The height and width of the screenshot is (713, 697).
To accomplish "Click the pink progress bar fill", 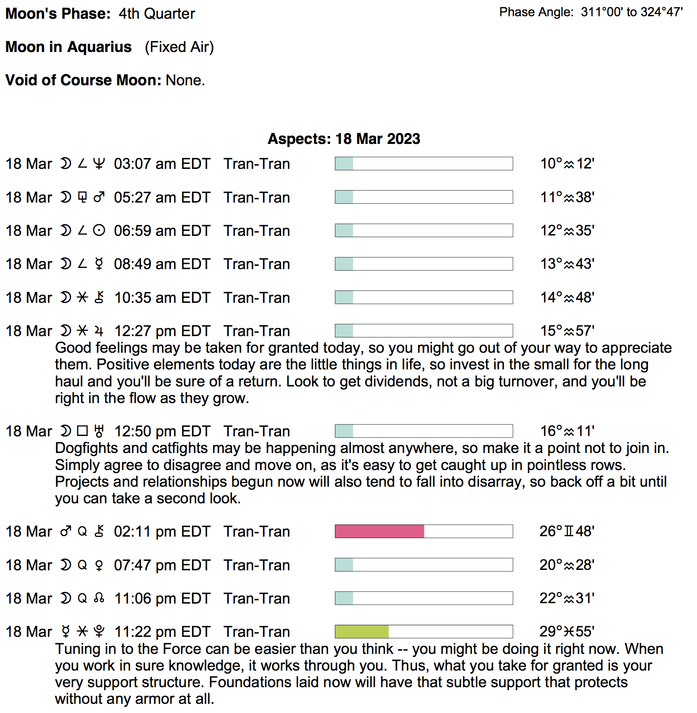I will pos(379,531).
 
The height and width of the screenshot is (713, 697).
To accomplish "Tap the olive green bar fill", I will pos(362,631).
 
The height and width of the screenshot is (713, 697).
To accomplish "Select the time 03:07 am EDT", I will pos(162,164).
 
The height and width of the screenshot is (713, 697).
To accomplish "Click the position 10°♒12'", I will pos(567,164).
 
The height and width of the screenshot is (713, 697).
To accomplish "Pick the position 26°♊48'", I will pos(567,531).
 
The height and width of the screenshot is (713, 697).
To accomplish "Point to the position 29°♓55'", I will pos(567,631).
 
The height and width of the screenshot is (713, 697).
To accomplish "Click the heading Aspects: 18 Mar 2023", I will pos(344,139).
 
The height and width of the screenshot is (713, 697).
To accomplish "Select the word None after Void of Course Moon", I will pos(185,80).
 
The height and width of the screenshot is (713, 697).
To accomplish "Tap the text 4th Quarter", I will pos(157,14).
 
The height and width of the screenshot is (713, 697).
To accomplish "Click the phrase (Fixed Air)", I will pos(179,47).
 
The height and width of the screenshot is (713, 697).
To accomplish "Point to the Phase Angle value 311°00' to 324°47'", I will pos(632,12).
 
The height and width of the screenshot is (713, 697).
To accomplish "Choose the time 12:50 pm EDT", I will pos(162,431).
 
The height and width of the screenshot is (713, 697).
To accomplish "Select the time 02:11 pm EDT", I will pos(162,532).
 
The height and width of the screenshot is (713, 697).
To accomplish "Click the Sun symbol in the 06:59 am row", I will pos(99,230).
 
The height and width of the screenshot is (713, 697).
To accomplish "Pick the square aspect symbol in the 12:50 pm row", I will pos(83,431).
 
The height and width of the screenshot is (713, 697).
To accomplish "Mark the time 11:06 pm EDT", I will pos(162,599).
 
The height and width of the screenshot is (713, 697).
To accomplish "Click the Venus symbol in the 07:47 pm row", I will pos(99,565).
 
